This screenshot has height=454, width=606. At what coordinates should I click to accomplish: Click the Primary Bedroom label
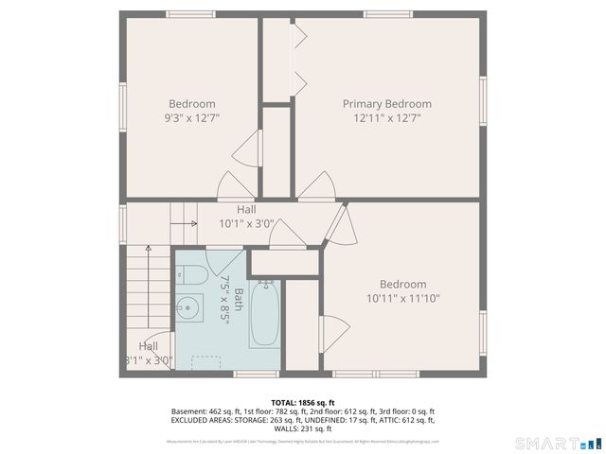pyautogui.click(x=386, y=104)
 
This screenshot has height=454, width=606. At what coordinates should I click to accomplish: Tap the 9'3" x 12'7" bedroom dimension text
pyautogui.click(x=192, y=118)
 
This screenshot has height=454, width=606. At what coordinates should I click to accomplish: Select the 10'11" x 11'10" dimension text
pyautogui.click(x=402, y=298)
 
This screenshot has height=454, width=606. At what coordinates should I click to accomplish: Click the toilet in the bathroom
pyautogui.click(x=192, y=275)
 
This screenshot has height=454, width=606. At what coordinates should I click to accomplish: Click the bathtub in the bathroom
pyautogui.click(x=264, y=314)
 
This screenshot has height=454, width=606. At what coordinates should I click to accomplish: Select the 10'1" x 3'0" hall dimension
pyautogui.click(x=246, y=224)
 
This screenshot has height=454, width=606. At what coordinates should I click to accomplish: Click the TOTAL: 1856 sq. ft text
pyautogui.click(x=302, y=402)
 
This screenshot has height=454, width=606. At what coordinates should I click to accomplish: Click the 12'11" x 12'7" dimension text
pyautogui.click(x=386, y=118)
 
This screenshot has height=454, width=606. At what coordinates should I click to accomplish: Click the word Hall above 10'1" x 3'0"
pyautogui.click(x=246, y=210)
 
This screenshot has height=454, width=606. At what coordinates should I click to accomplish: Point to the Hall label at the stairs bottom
pyautogui.click(x=149, y=346)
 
